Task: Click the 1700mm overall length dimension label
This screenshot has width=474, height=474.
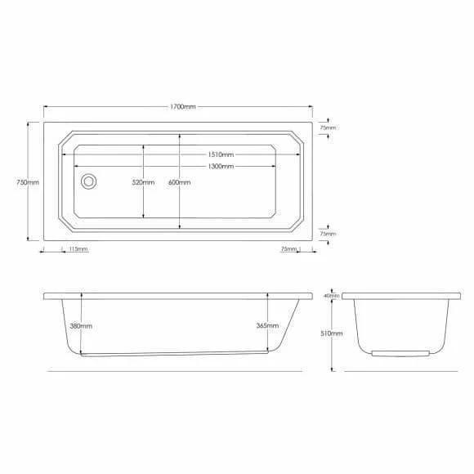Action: tap(182, 107)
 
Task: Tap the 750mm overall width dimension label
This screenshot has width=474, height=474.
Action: tap(28, 182)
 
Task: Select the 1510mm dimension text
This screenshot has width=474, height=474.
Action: tap(221, 154)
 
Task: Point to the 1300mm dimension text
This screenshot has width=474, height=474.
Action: tap(221, 166)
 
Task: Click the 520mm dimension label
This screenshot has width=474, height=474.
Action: tap(143, 182)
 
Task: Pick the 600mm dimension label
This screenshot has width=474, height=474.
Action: tap(179, 182)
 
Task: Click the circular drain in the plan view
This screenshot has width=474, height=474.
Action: tap(88, 181)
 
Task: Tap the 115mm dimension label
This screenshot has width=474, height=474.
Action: tap(78, 249)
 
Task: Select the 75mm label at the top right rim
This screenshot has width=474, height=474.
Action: tap(328, 127)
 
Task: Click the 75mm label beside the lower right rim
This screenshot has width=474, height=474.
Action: tap(328, 234)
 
